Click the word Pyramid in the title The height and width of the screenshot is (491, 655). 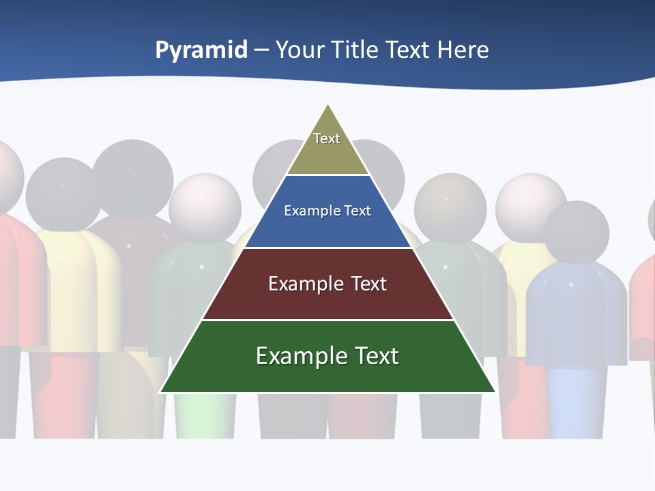[201, 50]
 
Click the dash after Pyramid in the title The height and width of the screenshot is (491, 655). [261, 50]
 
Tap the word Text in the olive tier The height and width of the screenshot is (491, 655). [327, 138]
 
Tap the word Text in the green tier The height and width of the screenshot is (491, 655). [375, 356]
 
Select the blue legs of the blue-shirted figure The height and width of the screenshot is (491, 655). [577, 402]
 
